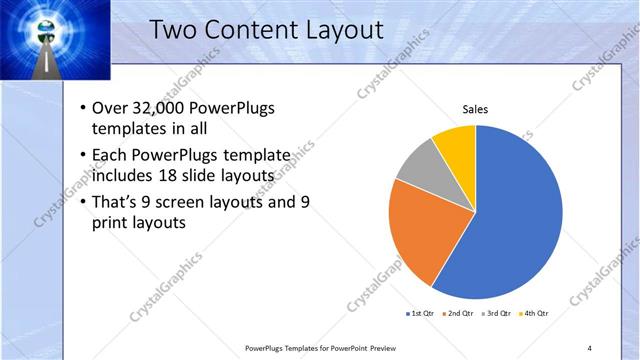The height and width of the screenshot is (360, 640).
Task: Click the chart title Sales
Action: point(475,110)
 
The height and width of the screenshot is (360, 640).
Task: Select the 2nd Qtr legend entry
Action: point(458,314)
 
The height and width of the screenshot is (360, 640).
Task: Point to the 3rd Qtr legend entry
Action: point(497,314)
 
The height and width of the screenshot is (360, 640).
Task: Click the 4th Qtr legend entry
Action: point(533,314)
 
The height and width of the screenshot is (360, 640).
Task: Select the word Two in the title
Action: point(172,30)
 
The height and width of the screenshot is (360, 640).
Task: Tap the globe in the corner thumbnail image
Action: point(47,28)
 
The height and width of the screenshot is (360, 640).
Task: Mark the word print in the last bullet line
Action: point(111,223)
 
